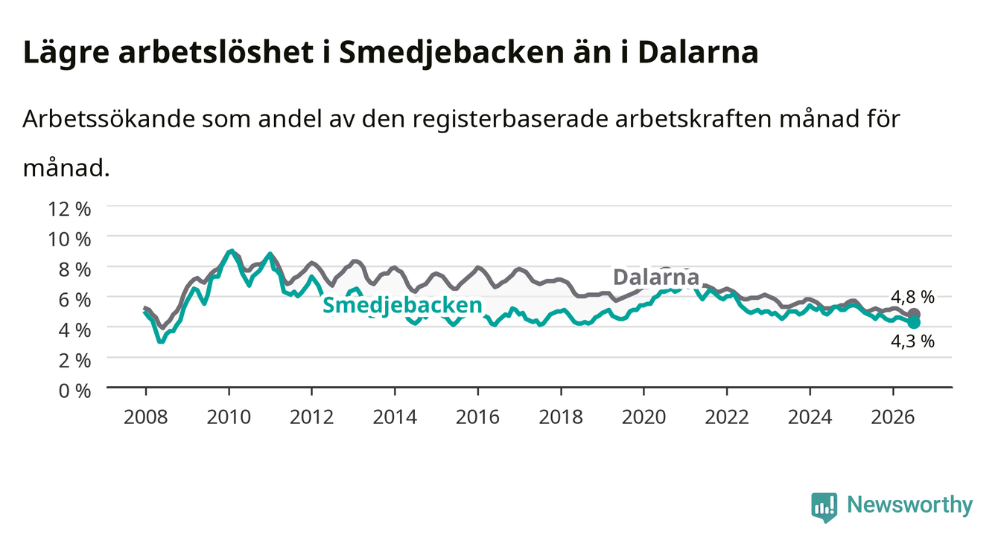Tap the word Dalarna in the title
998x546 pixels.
[x=698, y=53]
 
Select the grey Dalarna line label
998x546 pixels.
[x=656, y=277]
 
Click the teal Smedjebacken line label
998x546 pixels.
[x=402, y=306]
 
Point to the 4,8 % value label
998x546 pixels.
[x=912, y=297]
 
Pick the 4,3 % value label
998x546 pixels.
[x=912, y=341]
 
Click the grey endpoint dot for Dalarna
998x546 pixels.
[x=914, y=314]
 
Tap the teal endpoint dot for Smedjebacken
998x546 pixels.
[x=914, y=322]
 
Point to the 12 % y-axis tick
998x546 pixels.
[x=69, y=209]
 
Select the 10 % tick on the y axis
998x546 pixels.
[x=69, y=240]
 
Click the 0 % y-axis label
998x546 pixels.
[x=74, y=391]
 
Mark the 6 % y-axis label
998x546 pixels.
[x=74, y=300]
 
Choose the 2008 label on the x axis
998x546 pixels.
[x=146, y=417]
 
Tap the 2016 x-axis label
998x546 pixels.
[x=477, y=417]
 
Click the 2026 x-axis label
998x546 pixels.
[x=893, y=417]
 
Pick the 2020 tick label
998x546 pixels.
[x=643, y=417]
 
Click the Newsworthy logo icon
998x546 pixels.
[x=824, y=507]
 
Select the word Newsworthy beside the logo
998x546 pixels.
[x=910, y=505]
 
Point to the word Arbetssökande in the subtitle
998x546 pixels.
[x=109, y=119]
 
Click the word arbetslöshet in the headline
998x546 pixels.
[x=216, y=53]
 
